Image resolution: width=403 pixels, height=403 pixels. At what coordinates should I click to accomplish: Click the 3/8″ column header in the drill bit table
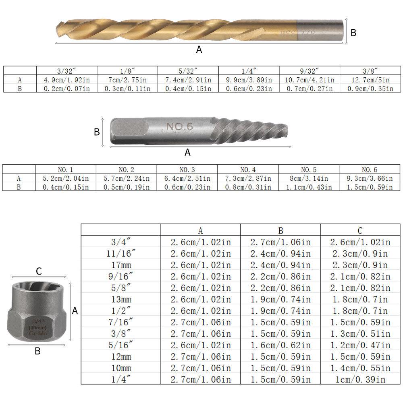point(370,71)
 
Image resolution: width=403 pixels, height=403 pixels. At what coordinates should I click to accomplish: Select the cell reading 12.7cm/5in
point(370,80)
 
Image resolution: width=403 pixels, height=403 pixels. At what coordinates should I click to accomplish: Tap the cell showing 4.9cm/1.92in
point(67,80)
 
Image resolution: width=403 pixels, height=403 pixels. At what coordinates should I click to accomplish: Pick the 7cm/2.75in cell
point(127,80)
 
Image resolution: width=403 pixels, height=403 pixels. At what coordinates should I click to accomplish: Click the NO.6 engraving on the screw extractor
point(180,127)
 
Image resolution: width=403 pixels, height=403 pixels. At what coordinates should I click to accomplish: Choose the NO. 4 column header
point(248,169)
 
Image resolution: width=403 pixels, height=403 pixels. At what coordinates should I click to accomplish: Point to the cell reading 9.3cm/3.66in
point(370,178)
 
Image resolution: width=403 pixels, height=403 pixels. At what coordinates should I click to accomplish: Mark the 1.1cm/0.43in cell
point(309,187)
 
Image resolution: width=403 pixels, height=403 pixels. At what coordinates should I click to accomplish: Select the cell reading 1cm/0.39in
point(360,379)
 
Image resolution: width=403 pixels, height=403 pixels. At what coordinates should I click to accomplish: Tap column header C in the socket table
point(360,230)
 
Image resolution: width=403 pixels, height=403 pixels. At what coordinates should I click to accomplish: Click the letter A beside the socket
point(75,311)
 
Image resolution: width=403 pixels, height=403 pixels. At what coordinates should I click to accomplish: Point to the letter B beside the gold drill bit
point(353,33)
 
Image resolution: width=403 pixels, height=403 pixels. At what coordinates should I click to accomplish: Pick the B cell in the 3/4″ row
point(280,242)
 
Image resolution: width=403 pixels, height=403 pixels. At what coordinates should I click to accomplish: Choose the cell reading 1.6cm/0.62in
point(280,345)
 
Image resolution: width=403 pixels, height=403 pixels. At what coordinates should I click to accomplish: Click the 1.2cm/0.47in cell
point(360,345)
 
